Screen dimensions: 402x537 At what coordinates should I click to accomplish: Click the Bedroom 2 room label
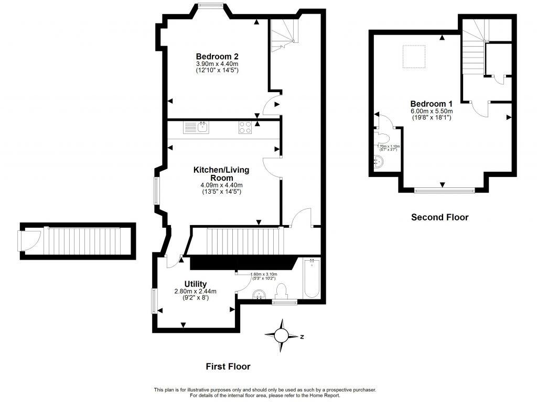point(217,57)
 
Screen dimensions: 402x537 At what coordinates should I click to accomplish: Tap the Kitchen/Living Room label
point(221,174)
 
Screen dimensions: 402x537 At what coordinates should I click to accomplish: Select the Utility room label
point(195,284)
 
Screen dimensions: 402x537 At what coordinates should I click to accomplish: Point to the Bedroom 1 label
point(432,104)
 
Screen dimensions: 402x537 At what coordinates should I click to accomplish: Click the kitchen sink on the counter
point(202,127)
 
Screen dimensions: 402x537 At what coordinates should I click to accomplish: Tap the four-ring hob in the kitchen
point(245,127)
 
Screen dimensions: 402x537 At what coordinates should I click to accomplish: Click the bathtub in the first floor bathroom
point(312,278)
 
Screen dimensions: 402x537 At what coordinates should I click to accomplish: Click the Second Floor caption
point(439,217)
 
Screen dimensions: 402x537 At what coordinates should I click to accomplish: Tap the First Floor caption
point(228,367)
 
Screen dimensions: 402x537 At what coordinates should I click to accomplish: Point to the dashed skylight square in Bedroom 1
point(414,57)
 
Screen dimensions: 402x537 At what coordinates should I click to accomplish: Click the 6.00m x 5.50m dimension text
point(432,111)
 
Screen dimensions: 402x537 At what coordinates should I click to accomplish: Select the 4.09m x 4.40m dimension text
point(221,185)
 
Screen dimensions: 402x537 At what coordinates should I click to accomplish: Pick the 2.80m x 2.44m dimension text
point(195,292)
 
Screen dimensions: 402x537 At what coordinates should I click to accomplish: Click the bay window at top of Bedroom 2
point(211,6)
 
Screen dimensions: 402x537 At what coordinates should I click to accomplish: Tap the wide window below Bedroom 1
point(444,191)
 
